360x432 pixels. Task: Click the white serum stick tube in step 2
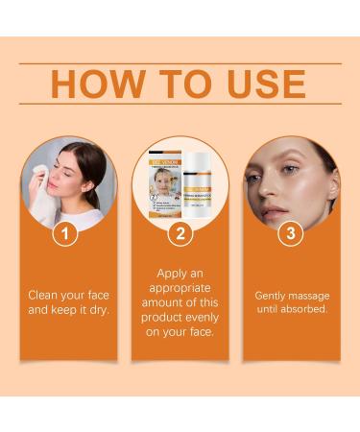[x=202, y=187]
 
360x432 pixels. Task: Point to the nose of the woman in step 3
[x=273, y=192]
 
